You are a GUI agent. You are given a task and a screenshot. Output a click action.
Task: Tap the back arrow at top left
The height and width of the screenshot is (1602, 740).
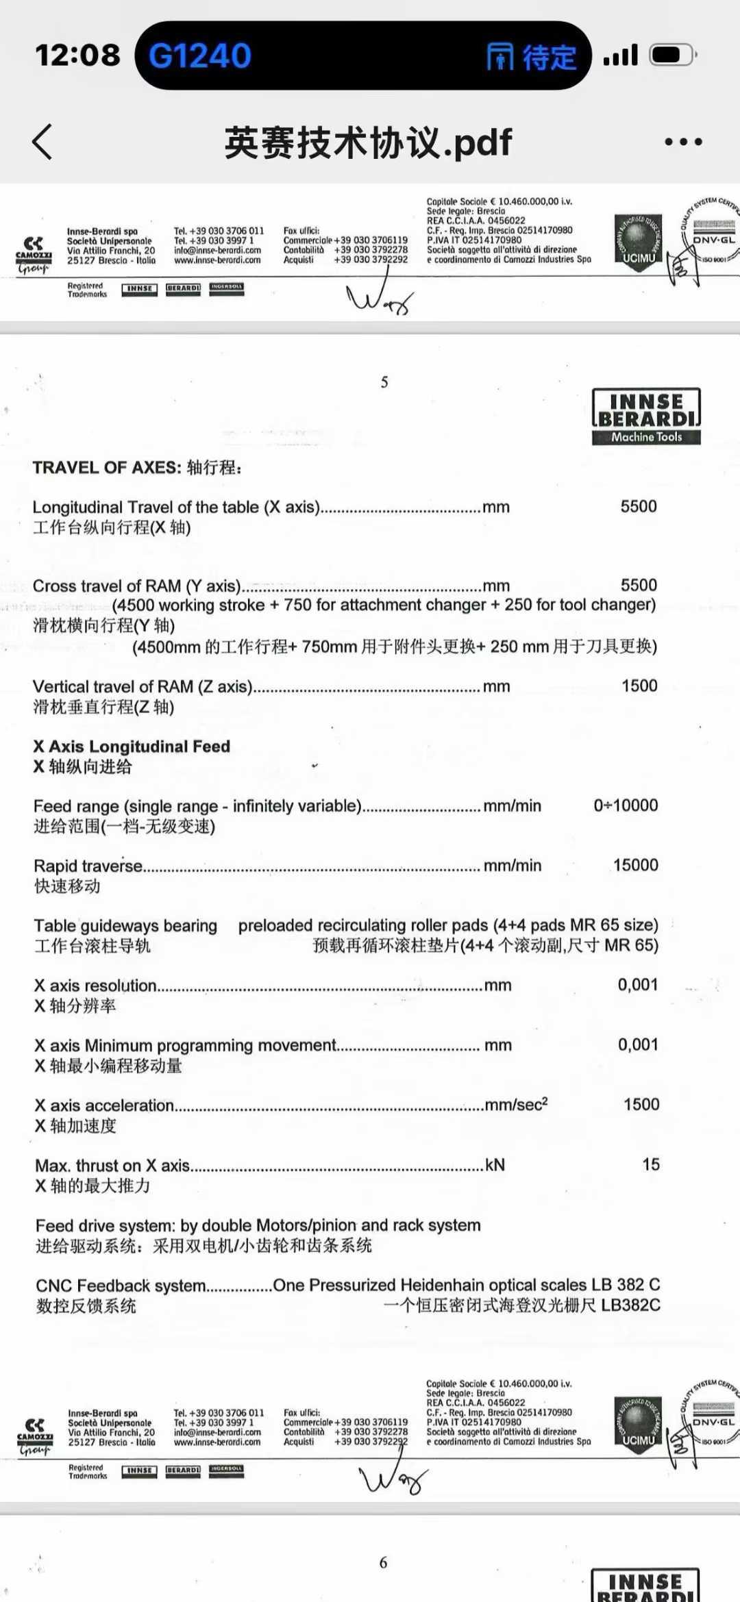click(x=42, y=142)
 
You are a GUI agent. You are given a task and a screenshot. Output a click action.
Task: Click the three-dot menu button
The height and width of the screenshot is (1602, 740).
click(x=683, y=142)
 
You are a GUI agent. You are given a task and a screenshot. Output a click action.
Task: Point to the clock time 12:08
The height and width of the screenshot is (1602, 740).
click(x=77, y=55)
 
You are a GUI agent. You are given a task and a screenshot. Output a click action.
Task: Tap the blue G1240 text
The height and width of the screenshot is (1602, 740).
click(x=200, y=55)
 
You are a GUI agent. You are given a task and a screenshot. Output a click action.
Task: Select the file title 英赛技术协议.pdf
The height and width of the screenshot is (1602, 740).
click(x=368, y=142)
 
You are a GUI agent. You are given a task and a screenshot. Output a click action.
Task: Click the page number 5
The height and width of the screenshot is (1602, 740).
click(x=384, y=382)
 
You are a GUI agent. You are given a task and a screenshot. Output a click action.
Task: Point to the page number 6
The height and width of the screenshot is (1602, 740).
click(x=384, y=1562)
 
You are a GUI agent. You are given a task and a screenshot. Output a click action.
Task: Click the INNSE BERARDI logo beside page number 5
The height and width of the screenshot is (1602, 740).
click(x=646, y=416)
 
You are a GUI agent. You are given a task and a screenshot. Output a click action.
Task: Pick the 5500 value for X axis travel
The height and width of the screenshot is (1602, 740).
click(x=639, y=506)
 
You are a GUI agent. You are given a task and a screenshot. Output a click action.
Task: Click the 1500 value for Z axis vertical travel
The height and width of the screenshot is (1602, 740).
click(x=639, y=686)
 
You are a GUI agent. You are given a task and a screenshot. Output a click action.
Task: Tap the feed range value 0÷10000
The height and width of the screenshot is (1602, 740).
click(x=626, y=805)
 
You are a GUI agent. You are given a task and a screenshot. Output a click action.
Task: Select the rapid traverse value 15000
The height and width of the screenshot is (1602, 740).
click(x=635, y=865)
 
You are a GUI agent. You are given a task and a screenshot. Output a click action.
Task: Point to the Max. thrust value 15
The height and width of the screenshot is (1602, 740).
click(x=651, y=1164)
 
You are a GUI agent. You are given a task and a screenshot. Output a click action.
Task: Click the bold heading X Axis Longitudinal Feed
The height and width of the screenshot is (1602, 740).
click(x=132, y=747)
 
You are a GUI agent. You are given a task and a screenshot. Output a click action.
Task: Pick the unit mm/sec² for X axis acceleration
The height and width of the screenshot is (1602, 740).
click(x=516, y=1105)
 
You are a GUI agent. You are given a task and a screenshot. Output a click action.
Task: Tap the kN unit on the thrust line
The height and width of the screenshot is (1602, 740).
click(x=495, y=1165)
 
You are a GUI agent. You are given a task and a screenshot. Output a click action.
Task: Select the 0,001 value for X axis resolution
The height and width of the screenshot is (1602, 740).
click(x=638, y=985)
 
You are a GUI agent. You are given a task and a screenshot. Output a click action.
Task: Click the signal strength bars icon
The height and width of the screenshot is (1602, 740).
click(x=621, y=55)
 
